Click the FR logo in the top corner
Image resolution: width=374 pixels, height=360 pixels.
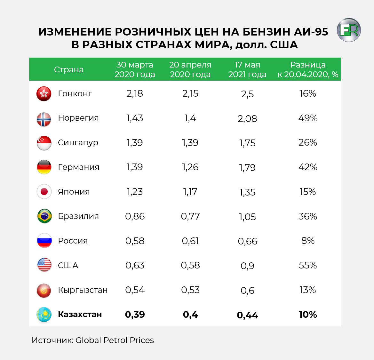pos(349,30)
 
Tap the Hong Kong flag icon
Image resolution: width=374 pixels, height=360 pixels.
pos(44,94)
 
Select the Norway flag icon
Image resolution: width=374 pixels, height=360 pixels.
pos(44,119)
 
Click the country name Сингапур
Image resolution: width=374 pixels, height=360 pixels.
pos(78,143)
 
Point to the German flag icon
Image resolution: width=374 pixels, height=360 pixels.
pos(44,167)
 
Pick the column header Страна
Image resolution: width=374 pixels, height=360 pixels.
pos(69,70)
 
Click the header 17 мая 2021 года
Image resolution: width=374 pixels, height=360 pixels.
pos(247,69)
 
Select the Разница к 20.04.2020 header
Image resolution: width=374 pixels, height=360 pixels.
pos(308,69)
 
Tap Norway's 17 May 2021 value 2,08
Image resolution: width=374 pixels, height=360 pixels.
pos(247,119)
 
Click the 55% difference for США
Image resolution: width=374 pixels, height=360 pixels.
pos(308,266)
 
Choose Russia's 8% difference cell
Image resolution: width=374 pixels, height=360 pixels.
pos(308,241)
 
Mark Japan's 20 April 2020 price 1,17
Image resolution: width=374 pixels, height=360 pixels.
pos(190,192)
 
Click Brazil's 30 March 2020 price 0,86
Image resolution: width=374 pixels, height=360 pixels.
pos(135,217)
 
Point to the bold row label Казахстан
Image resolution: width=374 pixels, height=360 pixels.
pos(80,315)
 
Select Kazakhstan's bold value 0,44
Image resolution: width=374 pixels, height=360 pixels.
pos(247,316)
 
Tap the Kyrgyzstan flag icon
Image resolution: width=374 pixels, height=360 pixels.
pos(44,291)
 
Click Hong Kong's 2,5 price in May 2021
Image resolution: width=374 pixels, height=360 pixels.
pos(247,94)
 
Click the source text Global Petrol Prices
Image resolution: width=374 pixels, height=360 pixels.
pos(115,340)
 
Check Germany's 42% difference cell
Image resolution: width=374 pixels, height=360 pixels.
pos(308,167)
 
